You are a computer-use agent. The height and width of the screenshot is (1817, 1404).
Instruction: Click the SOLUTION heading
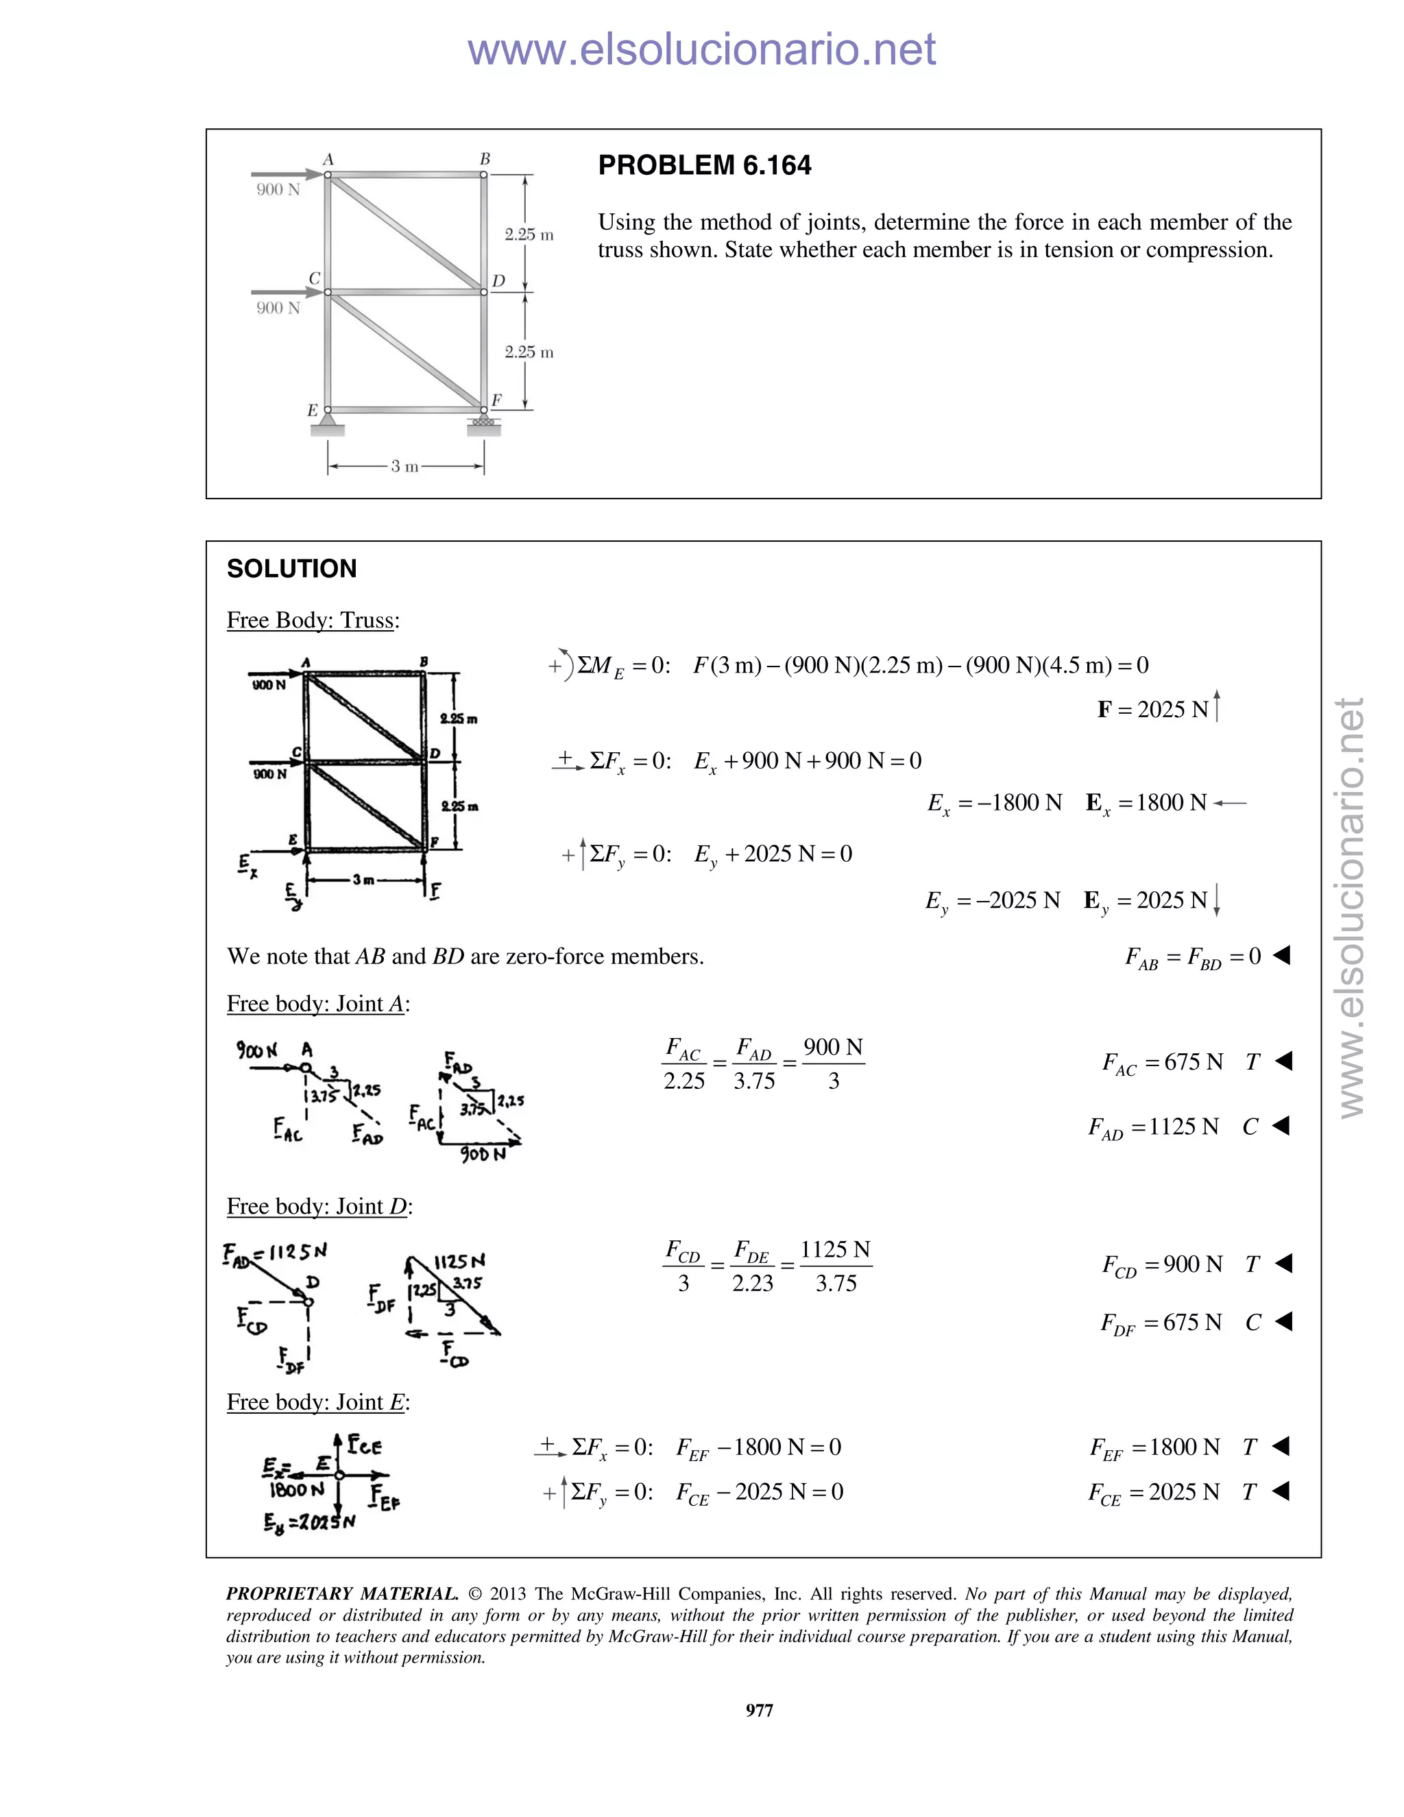(x=292, y=569)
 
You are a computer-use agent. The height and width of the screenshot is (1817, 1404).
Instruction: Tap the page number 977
(x=760, y=1709)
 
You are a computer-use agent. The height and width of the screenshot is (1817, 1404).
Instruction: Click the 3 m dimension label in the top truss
(x=405, y=467)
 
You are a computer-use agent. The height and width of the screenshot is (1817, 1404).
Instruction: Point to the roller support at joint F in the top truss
(x=483, y=424)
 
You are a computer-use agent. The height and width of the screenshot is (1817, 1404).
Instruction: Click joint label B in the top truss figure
(x=485, y=158)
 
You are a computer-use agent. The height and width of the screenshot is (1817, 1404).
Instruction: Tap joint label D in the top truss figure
(x=498, y=281)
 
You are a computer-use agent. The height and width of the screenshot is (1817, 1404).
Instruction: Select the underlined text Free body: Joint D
(x=319, y=1206)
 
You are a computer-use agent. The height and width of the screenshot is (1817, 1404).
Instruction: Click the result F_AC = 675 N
(x=1163, y=1062)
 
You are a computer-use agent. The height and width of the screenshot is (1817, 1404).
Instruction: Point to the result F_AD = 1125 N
(x=1154, y=1127)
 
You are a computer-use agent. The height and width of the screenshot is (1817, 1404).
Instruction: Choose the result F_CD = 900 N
(x=1162, y=1264)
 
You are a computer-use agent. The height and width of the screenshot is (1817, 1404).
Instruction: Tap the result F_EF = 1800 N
(x=1154, y=1447)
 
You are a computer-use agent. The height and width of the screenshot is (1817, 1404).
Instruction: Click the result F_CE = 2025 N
(x=1154, y=1493)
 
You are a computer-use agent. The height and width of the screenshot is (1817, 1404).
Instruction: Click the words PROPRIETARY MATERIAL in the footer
(x=342, y=1594)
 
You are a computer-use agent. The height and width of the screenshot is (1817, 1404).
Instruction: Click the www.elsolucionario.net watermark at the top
(x=701, y=49)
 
